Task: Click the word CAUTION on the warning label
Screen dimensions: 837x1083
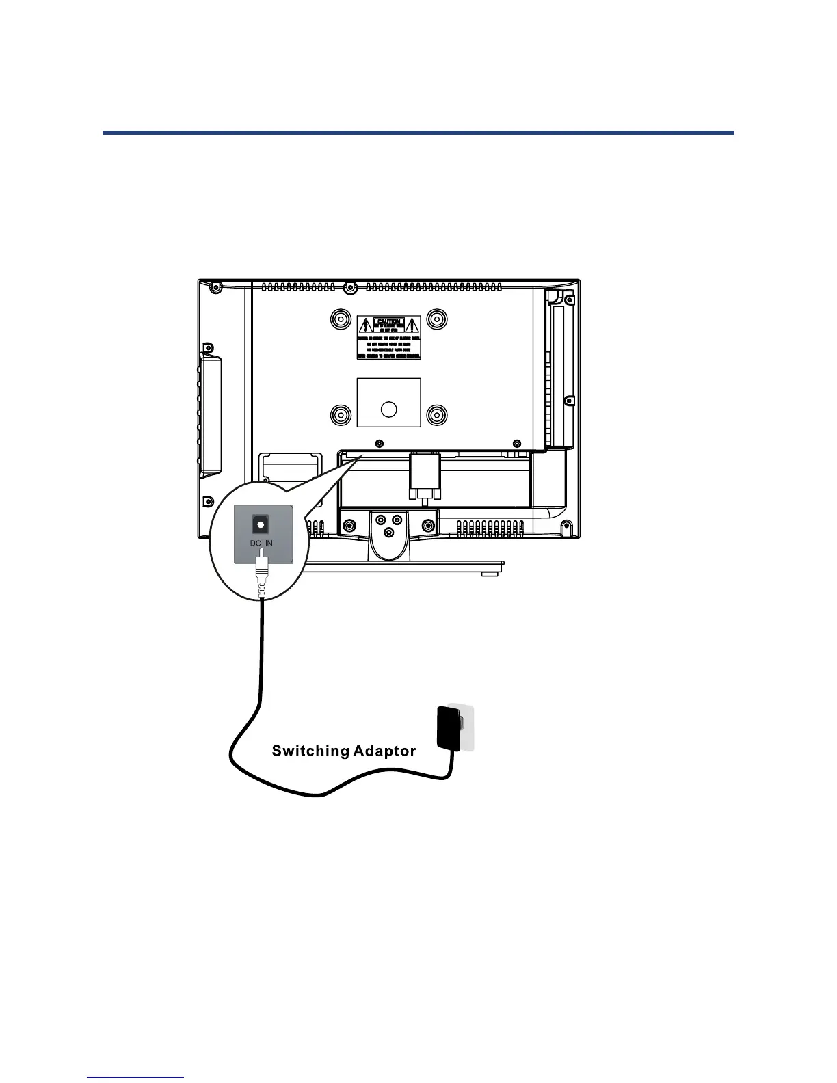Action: [388, 322]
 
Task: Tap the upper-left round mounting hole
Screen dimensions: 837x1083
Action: [340, 319]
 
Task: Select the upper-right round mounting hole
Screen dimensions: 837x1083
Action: [436, 319]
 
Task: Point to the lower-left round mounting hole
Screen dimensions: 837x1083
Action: [340, 414]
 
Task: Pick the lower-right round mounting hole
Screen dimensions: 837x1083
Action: [436, 414]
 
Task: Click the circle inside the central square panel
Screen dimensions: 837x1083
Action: [388, 409]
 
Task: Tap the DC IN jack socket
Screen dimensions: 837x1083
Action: [261, 524]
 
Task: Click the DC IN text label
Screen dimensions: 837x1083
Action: [261, 543]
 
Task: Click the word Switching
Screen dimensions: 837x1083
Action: [310, 751]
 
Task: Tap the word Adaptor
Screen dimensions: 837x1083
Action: [385, 751]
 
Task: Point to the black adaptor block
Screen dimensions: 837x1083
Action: [448, 727]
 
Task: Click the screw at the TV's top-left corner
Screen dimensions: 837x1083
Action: [215, 286]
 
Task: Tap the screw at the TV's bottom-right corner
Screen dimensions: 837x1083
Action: [566, 526]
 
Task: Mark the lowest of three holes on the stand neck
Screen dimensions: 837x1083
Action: [388, 533]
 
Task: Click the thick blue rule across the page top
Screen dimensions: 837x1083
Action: [418, 132]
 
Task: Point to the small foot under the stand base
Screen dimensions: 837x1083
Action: [488, 574]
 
